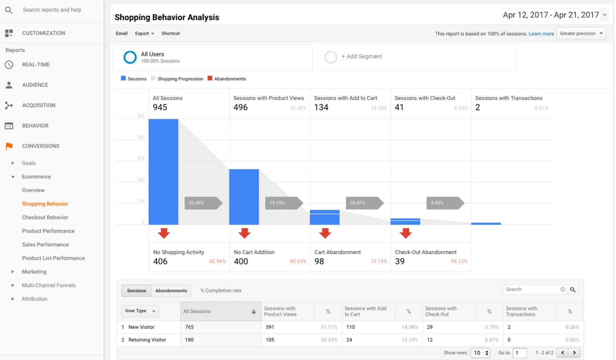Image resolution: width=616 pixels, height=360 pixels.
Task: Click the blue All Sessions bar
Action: pos(163,172)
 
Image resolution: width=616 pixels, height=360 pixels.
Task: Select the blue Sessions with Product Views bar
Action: pos(244,197)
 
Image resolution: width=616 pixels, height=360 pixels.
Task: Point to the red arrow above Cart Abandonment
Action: pos(325,233)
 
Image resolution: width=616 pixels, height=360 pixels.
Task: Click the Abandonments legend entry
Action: pos(227,79)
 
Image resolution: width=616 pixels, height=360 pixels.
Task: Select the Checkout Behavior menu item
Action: pos(45,217)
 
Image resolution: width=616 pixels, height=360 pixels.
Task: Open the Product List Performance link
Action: pos(53,258)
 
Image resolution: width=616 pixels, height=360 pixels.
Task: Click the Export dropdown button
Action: pos(144,33)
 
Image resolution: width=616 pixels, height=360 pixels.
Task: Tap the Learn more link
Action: pos(541,34)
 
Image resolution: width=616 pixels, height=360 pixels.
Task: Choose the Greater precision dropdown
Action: pos(581,33)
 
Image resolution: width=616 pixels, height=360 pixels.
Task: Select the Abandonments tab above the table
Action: pos(171,290)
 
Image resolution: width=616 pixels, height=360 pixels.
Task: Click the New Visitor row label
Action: pos(141,327)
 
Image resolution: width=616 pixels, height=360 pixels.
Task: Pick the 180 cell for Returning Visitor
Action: pos(189,340)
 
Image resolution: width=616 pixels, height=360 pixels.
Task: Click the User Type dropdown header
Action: pos(140,311)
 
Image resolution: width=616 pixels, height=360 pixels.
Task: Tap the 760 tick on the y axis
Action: pos(141,137)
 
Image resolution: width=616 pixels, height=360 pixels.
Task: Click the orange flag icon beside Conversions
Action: pos(9,146)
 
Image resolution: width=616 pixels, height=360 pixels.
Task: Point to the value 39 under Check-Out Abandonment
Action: pos(400,261)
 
